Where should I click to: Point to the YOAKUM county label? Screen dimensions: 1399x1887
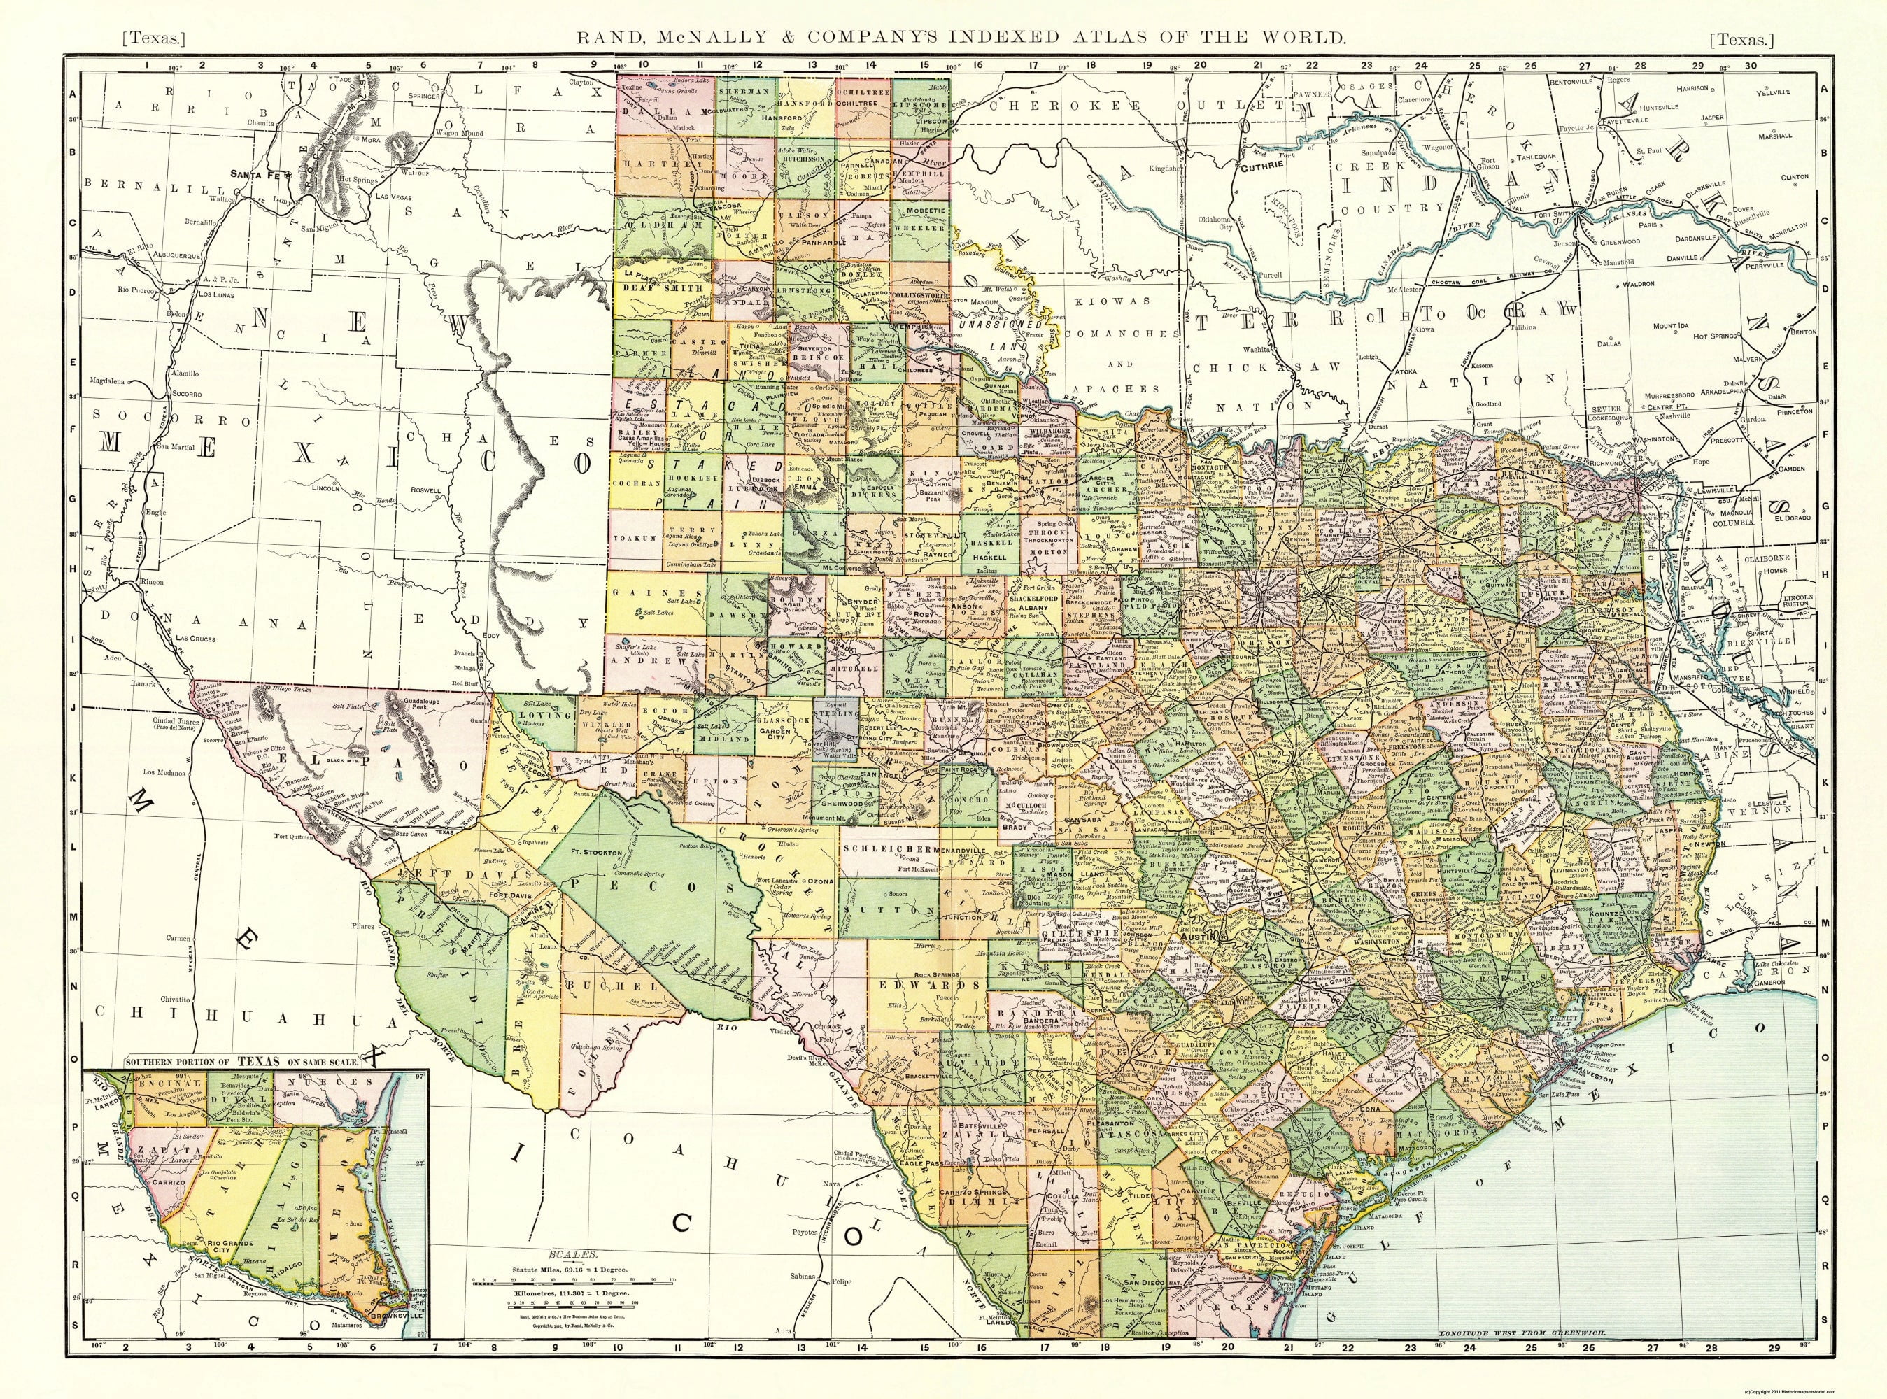click(639, 537)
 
